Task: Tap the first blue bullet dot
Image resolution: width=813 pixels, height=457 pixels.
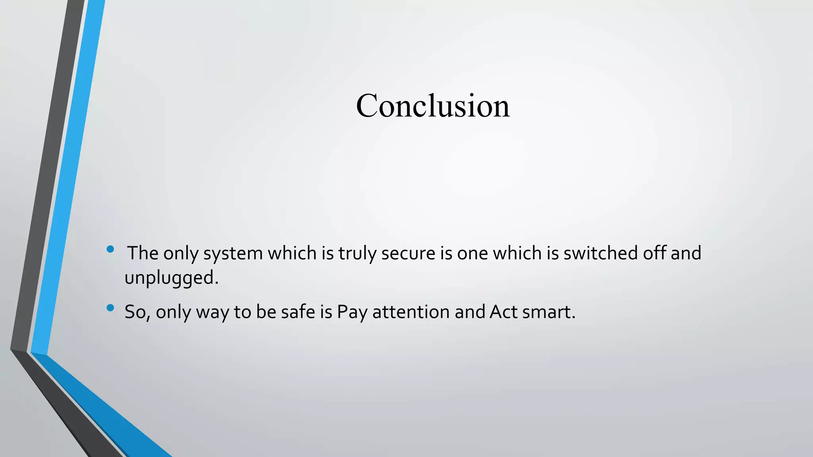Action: [x=110, y=250]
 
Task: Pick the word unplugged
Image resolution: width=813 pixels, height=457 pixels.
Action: [x=171, y=278]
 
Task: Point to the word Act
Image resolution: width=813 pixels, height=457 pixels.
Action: [x=503, y=312]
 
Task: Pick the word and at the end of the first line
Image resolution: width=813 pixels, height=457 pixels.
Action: [x=686, y=253]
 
